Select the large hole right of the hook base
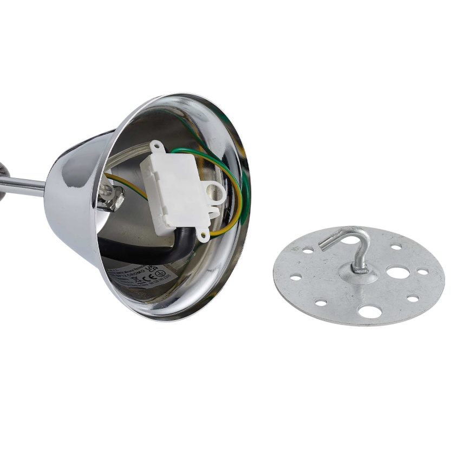[398, 272]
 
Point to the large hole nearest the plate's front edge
[370, 311]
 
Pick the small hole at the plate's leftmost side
[295, 277]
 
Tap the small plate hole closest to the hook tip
[308, 250]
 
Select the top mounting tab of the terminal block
[157, 146]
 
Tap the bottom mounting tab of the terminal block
[203, 234]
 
